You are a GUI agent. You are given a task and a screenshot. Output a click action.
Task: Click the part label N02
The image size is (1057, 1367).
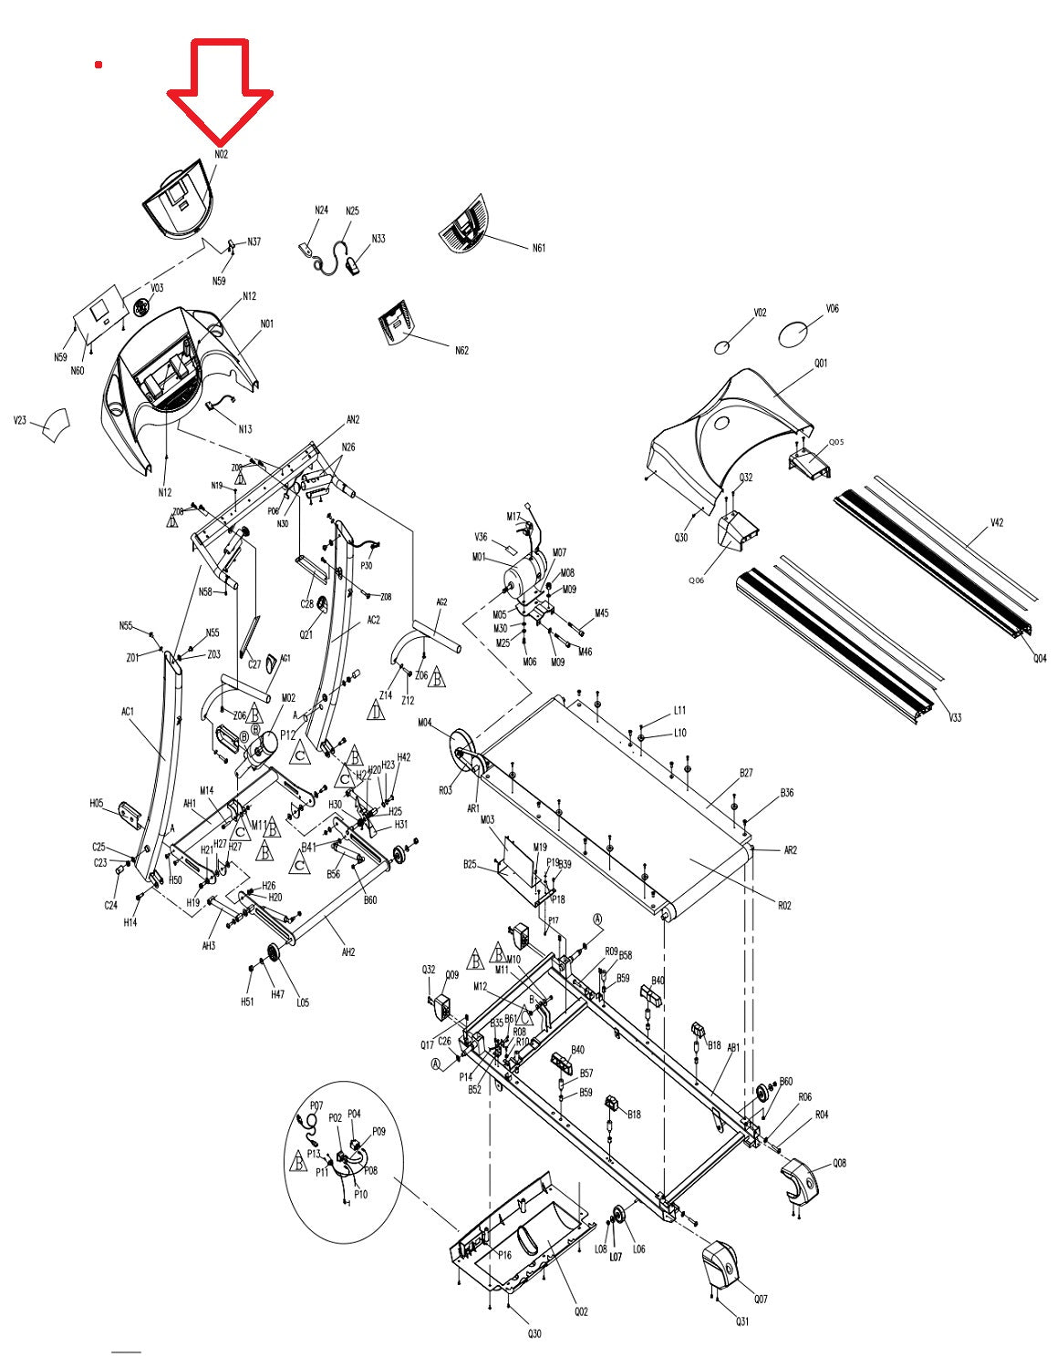pyautogui.click(x=222, y=155)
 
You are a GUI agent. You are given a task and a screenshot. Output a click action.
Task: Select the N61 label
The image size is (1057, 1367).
pyautogui.click(x=539, y=248)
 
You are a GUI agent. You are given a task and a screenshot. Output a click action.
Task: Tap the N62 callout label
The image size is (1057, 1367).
pyautogui.click(x=461, y=351)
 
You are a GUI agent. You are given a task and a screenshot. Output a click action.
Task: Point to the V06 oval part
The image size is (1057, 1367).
pyautogui.click(x=793, y=334)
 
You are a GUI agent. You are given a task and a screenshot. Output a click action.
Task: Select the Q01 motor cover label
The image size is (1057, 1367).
pyautogui.click(x=821, y=363)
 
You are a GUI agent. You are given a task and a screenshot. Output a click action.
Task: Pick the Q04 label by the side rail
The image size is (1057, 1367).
pyautogui.click(x=1040, y=658)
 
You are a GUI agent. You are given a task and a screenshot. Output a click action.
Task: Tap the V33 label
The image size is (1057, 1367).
pyautogui.click(x=955, y=718)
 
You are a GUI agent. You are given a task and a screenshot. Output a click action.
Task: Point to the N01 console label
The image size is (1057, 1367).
pyautogui.click(x=267, y=324)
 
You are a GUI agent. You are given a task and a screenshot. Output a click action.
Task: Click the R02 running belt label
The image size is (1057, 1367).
pyautogui.click(x=784, y=905)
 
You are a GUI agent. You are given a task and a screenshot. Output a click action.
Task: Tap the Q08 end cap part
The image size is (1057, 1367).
pyautogui.click(x=800, y=1179)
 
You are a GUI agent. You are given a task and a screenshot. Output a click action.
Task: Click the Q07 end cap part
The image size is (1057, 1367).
pyautogui.click(x=721, y=1267)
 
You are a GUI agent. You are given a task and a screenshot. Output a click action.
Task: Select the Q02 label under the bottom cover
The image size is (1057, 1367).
pyautogui.click(x=581, y=1311)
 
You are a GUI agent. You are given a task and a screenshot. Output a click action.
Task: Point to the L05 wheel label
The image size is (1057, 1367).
pyautogui.click(x=303, y=1002)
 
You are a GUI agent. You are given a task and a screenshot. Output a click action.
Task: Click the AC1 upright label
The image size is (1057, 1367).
pyautogui.click(x=128, y=712)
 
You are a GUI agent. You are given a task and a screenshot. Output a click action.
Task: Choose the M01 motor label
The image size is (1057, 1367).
pyautogui.click(x=478, y=557)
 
